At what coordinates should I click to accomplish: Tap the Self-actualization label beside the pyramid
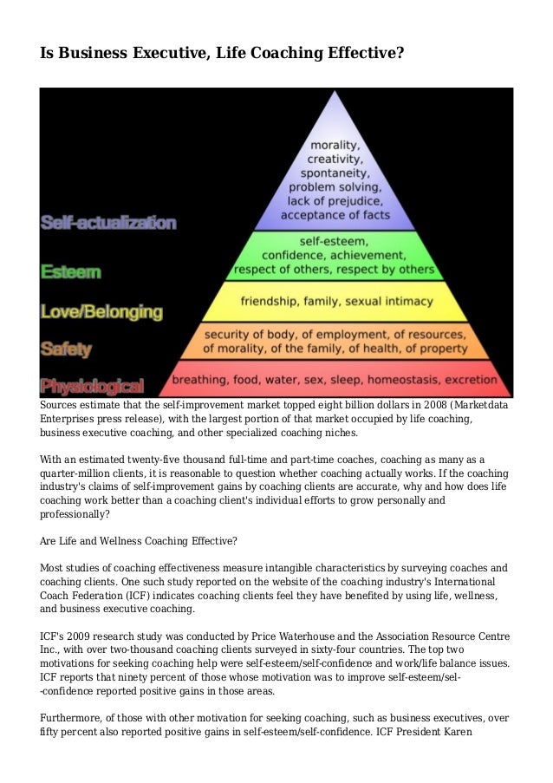point(108,223)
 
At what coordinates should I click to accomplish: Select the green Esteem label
point(70,271)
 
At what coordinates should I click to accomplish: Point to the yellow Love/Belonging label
point(101,310)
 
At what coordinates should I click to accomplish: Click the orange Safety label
point(68,349)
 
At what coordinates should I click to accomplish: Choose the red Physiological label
point(92,386)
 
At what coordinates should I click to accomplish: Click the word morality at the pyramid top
point(337,146)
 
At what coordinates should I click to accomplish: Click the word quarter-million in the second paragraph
point(81,473)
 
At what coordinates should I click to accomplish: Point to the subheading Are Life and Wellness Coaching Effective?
point(139,540)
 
